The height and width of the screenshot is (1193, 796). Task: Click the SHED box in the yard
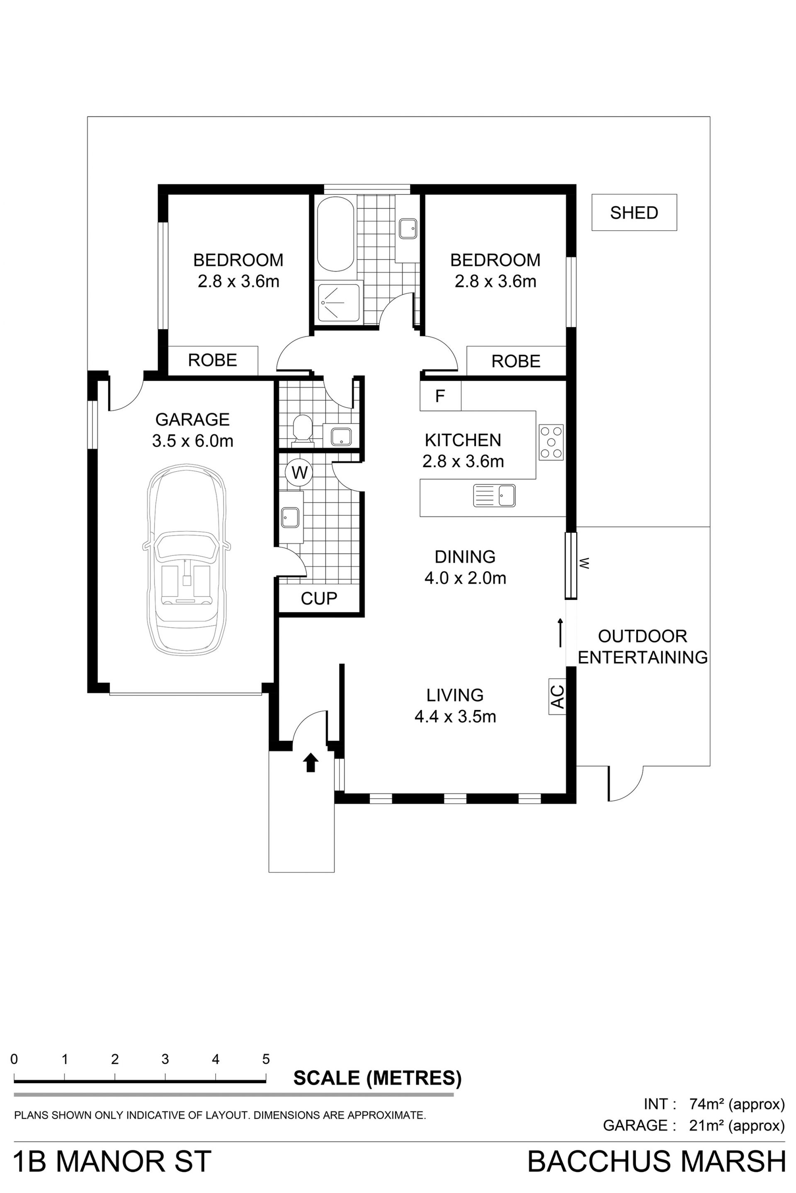click(634, 213)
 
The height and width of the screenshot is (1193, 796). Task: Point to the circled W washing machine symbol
click(299, 473)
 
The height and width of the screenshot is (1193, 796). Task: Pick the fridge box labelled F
click(440, 396)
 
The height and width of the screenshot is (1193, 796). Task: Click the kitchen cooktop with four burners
click(551, 442)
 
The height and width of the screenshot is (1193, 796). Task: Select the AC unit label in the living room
click(557, 696)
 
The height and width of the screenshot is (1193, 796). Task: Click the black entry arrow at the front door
click(311, 762)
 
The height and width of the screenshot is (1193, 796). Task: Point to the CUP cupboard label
click(319, 599)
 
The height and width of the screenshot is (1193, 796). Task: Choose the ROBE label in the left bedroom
click(213, 360)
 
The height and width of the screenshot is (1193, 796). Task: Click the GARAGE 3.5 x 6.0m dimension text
click(193, 441)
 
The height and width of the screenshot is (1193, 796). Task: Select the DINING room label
click(465, 557)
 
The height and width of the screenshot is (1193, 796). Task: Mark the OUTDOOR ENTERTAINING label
click(643, 647)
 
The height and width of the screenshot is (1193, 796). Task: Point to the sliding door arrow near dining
click(561, 633)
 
